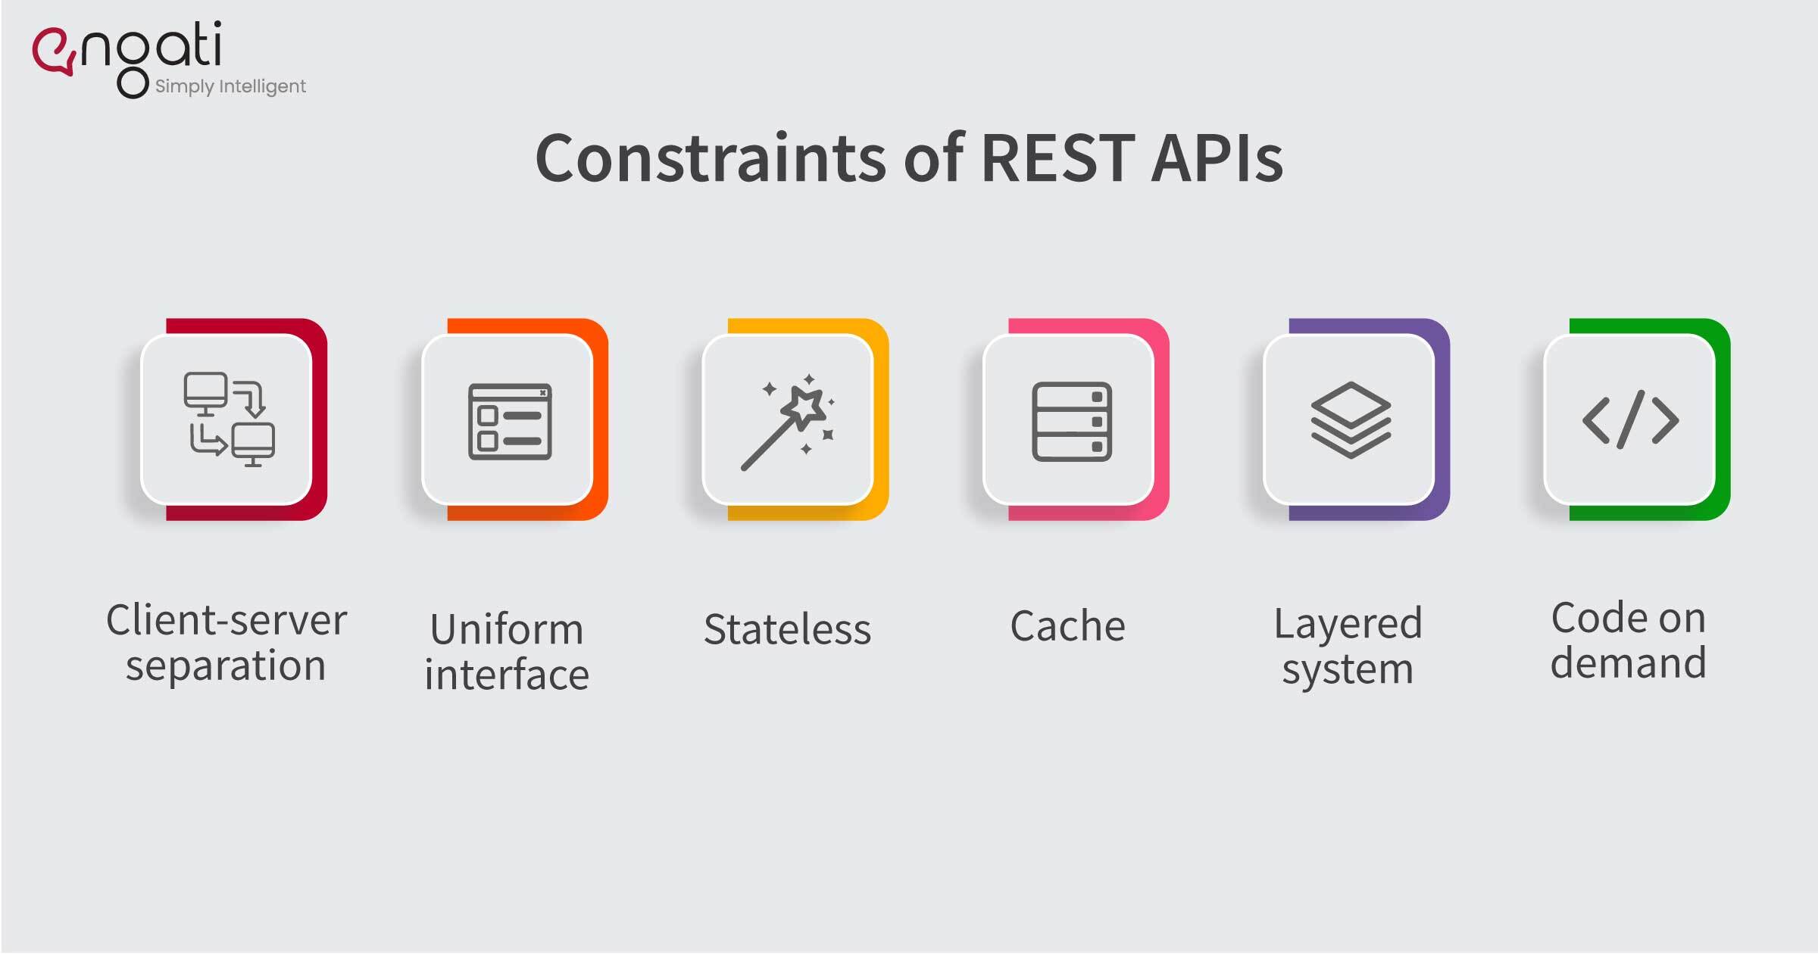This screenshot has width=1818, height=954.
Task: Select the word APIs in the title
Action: [x=1217, y=158]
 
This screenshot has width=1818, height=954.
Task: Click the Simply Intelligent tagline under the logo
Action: [x=230, y=86]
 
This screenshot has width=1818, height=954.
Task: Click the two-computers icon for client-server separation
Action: [x=229, y=419]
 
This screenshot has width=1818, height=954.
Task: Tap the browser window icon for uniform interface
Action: [x=510, y=422]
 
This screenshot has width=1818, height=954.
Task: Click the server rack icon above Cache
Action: [x=1072, y=422]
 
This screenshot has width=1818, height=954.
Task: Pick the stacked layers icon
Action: [x=1351, y=420]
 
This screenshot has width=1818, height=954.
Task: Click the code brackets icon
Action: [x=1631, y=419]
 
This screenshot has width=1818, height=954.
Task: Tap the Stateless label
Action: [x=788, y=629]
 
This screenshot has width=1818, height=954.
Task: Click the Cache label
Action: [x=1068, y=626]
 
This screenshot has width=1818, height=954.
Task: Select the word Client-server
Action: [x=226, y=620]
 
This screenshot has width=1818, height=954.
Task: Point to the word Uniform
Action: [x=507, y=630]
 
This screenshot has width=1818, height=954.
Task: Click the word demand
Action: [x=1629, y=662]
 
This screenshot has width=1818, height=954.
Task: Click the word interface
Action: [x=507, y=675]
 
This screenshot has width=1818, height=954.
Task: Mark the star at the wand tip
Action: [x=805, y=407]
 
